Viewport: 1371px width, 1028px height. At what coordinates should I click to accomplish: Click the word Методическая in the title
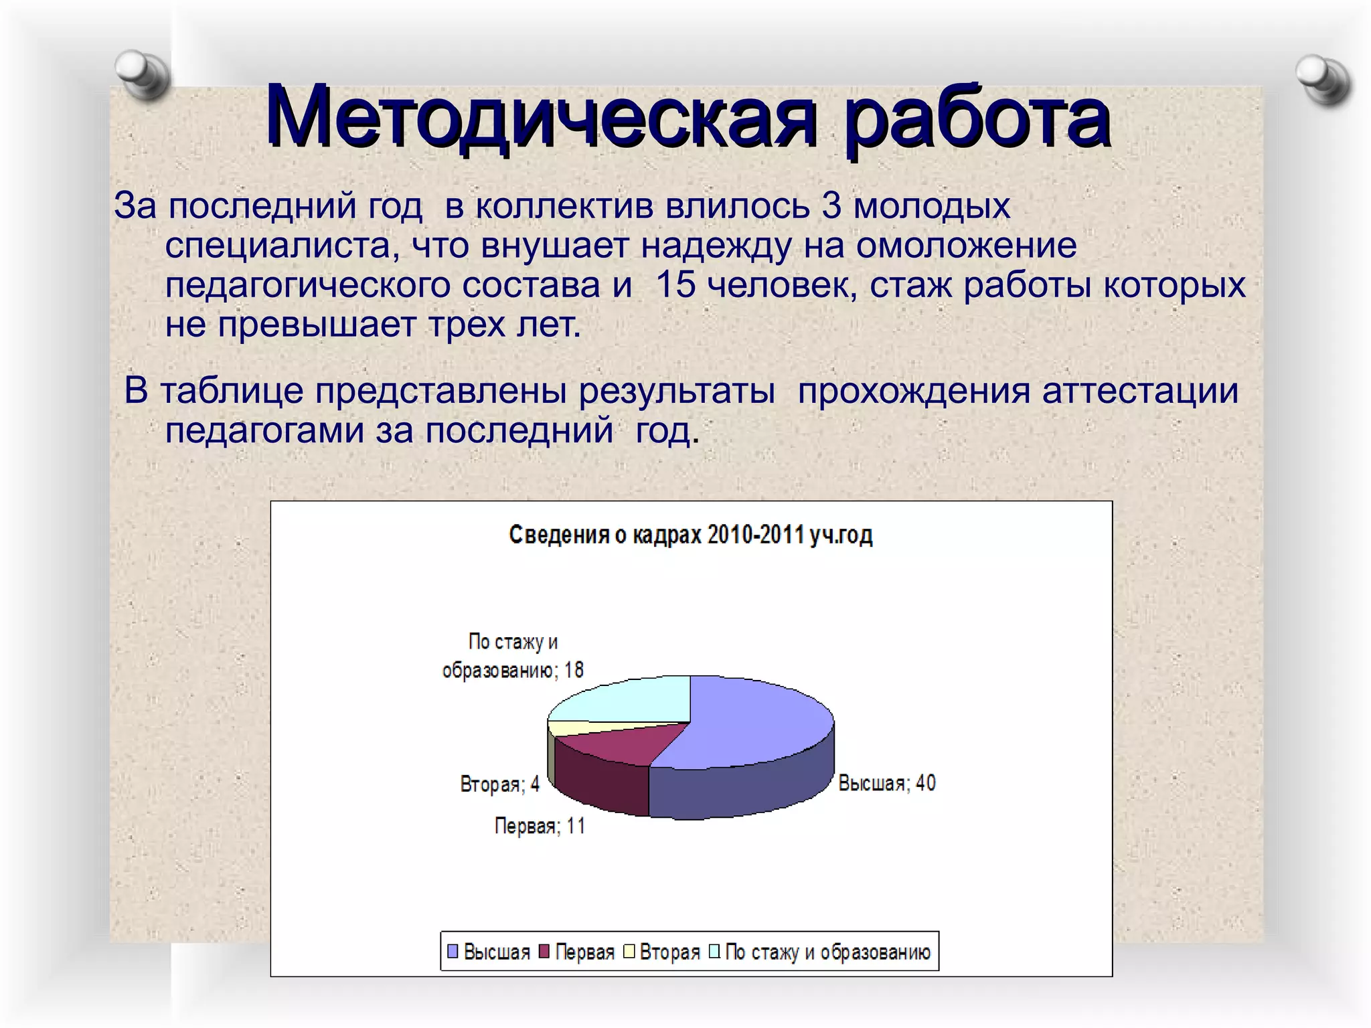click(x=541, y=117)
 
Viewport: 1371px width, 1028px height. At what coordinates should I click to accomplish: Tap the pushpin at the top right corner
click(x=1323, y=80)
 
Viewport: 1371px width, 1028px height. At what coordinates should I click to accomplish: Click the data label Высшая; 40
click(x=886, y=783)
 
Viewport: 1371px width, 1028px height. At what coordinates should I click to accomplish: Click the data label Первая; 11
click(x=540, y=827)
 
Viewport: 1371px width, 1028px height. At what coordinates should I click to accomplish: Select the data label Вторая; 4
click(x=499, y=784)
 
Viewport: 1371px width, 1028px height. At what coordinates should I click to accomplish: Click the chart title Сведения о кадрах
click(x=690, y=535)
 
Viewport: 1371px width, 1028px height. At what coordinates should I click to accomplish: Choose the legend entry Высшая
click(x=489, y=952)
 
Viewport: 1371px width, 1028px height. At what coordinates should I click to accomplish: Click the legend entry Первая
click(x=577, y=952)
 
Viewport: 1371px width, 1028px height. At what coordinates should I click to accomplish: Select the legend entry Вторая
click(x=662, y=952)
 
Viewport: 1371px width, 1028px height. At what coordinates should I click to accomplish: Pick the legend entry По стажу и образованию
click(x=821, y=952)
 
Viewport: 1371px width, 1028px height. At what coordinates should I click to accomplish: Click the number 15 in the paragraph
click(x=676, y=284)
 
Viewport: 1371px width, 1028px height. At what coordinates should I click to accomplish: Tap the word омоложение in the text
click(x=966, y=245)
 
